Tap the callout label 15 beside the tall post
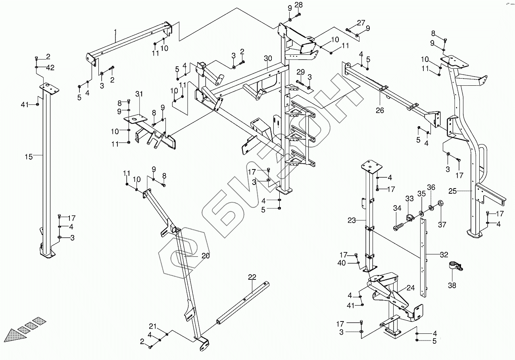(29, 157)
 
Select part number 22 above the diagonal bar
(252, 277)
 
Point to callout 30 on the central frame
(268, 58)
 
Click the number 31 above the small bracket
(138, 94)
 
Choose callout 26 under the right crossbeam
(380, 110)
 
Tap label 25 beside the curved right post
(452, 191)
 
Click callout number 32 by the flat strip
(444, 255)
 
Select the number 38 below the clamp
(452, 285)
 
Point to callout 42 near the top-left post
(50, 67)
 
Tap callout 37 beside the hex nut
(442, 225)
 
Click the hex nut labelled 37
(440, 204)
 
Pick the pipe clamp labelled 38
(455, 266)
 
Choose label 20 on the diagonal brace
(205, 256)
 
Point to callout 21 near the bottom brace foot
(153, 326)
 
